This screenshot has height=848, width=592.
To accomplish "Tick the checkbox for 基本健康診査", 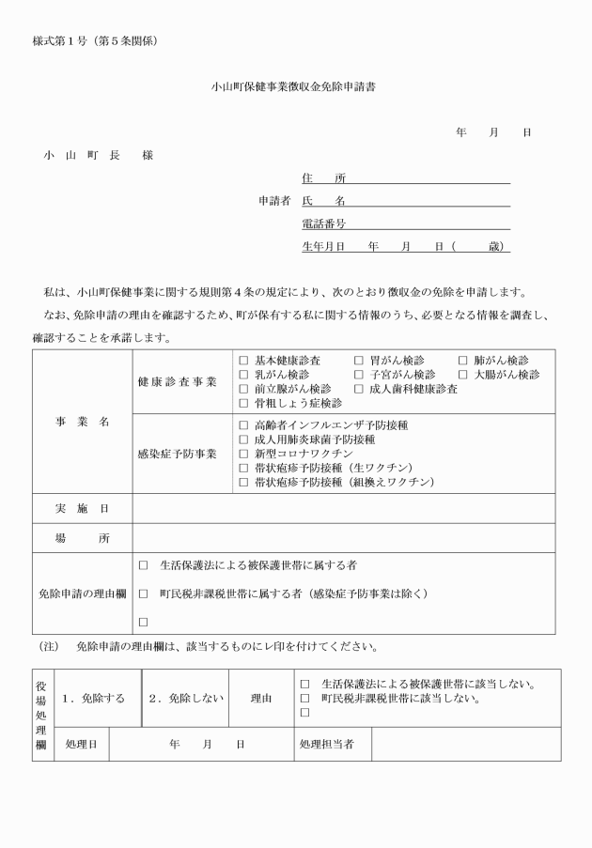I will pos(244,361).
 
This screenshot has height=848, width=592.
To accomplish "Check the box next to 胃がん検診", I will pos(359,361).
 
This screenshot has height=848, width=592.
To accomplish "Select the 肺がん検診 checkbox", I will pos(463,361).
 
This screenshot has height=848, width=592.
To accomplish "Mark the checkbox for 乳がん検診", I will pos(244,375).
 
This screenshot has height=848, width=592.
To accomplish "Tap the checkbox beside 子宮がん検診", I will pos(359,375).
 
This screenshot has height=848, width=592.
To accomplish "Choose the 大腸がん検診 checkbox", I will pos(463,375).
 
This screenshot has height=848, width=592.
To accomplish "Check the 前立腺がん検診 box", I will pos(244,389).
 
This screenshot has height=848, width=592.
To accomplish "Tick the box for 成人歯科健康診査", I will pos(359,389).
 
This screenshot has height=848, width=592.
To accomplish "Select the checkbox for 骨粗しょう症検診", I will pos(244,403).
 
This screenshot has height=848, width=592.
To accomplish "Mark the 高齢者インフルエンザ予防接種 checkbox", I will pos(244,425).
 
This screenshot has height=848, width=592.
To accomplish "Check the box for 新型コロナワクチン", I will pos(244,454).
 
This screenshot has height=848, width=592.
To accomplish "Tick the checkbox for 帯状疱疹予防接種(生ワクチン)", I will pos(244,468).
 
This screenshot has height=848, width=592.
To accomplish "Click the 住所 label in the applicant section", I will pos(322,177).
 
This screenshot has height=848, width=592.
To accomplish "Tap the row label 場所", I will pos(82,538).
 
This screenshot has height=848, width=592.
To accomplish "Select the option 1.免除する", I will pos(93,699).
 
